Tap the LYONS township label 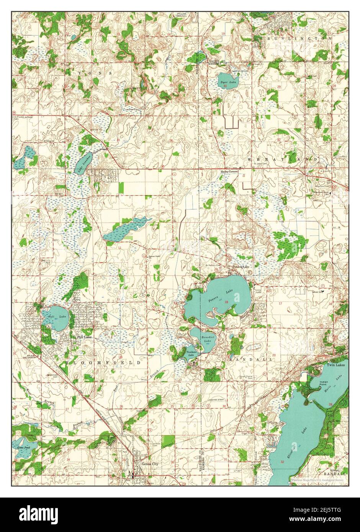pyautogui.click(x=90, y=73)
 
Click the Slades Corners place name pyautogui.click(x=229, y=172)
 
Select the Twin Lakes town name pyautogui.click(x=335, y=366)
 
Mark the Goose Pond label pyautogui.click(x=20, y=447)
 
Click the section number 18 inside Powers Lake pyautogui.click(x=226, y=302)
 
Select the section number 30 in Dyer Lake pyautogui.click(x=225, y=86)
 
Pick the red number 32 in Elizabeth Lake pyautogui.click(x=282, y=462)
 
